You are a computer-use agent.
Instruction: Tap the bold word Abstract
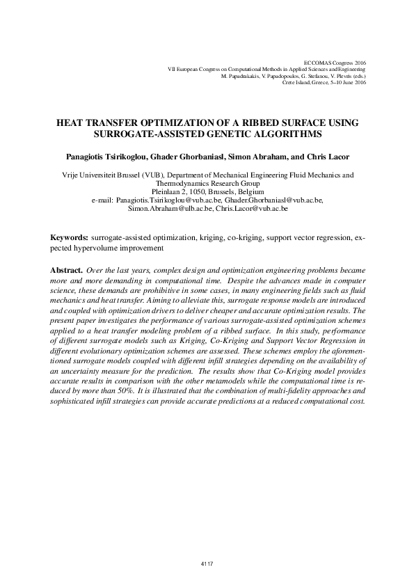[x=67, y=269]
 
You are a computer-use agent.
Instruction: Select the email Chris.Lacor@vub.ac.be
[x=252, y=208]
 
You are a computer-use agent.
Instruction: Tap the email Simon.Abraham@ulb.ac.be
[x=170, y=208]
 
